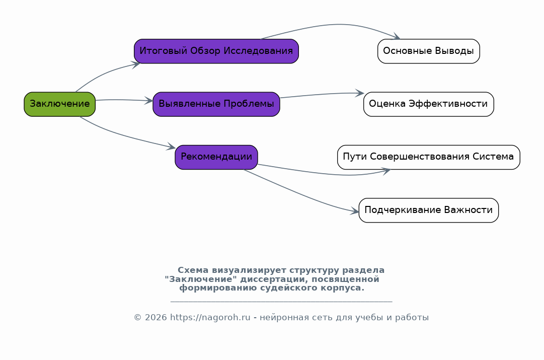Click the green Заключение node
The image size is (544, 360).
point(60,104)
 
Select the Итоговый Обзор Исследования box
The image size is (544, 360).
point(216,51)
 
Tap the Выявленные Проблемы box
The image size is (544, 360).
point(216,104)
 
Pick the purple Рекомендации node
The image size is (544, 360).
point(216,157)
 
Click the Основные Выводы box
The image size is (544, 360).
point(429,51)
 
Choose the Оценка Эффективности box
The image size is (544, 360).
point(429,104)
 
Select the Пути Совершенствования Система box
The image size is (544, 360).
point(429,157)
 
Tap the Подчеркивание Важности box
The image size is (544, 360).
point(429,210)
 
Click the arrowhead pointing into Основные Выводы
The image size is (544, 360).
point(397,37)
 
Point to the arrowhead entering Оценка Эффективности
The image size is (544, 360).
point(360,93)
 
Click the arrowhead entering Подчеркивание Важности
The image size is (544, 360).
point(355,212)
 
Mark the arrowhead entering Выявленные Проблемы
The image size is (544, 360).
point(149,101)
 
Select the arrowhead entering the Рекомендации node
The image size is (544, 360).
point(171,148)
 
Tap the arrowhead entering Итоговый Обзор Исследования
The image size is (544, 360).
point(136,64)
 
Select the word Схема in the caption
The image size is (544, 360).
point(193,270)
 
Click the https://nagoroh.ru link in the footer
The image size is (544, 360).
point(210,318)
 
